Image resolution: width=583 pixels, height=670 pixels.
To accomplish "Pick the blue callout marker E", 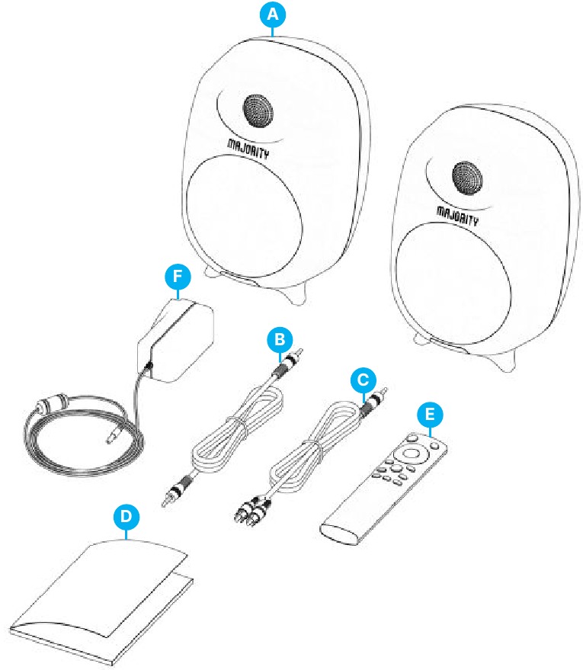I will tap(431, 415).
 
